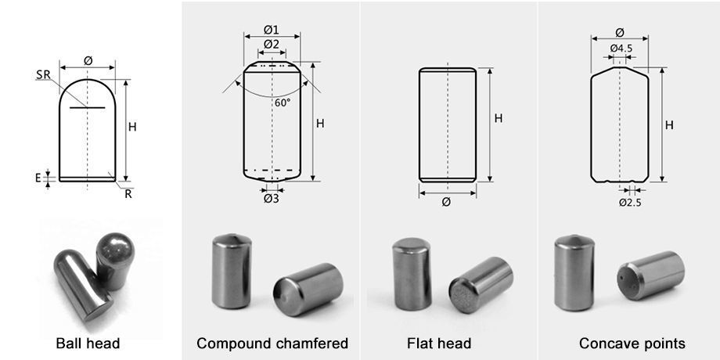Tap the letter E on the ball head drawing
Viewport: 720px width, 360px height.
point(37,178)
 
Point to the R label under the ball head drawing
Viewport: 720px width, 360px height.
point(128,193)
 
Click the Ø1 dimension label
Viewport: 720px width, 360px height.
point(271,30)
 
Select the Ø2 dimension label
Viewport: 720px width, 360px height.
point(271,44)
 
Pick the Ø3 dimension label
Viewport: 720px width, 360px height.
point(271,199)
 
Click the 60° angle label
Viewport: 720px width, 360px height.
point(282,103)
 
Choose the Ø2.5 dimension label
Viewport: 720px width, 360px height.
point(631,202)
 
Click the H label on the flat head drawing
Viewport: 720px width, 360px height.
point(498,119)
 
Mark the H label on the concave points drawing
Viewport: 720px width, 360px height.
point(669,125)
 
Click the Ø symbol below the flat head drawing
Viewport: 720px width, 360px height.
point(446,202)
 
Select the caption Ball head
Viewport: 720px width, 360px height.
point(88,344)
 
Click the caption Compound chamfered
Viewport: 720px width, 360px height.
point(272,344)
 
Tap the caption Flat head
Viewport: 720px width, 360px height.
point(439,344)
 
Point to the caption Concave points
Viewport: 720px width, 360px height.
point(632,344)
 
